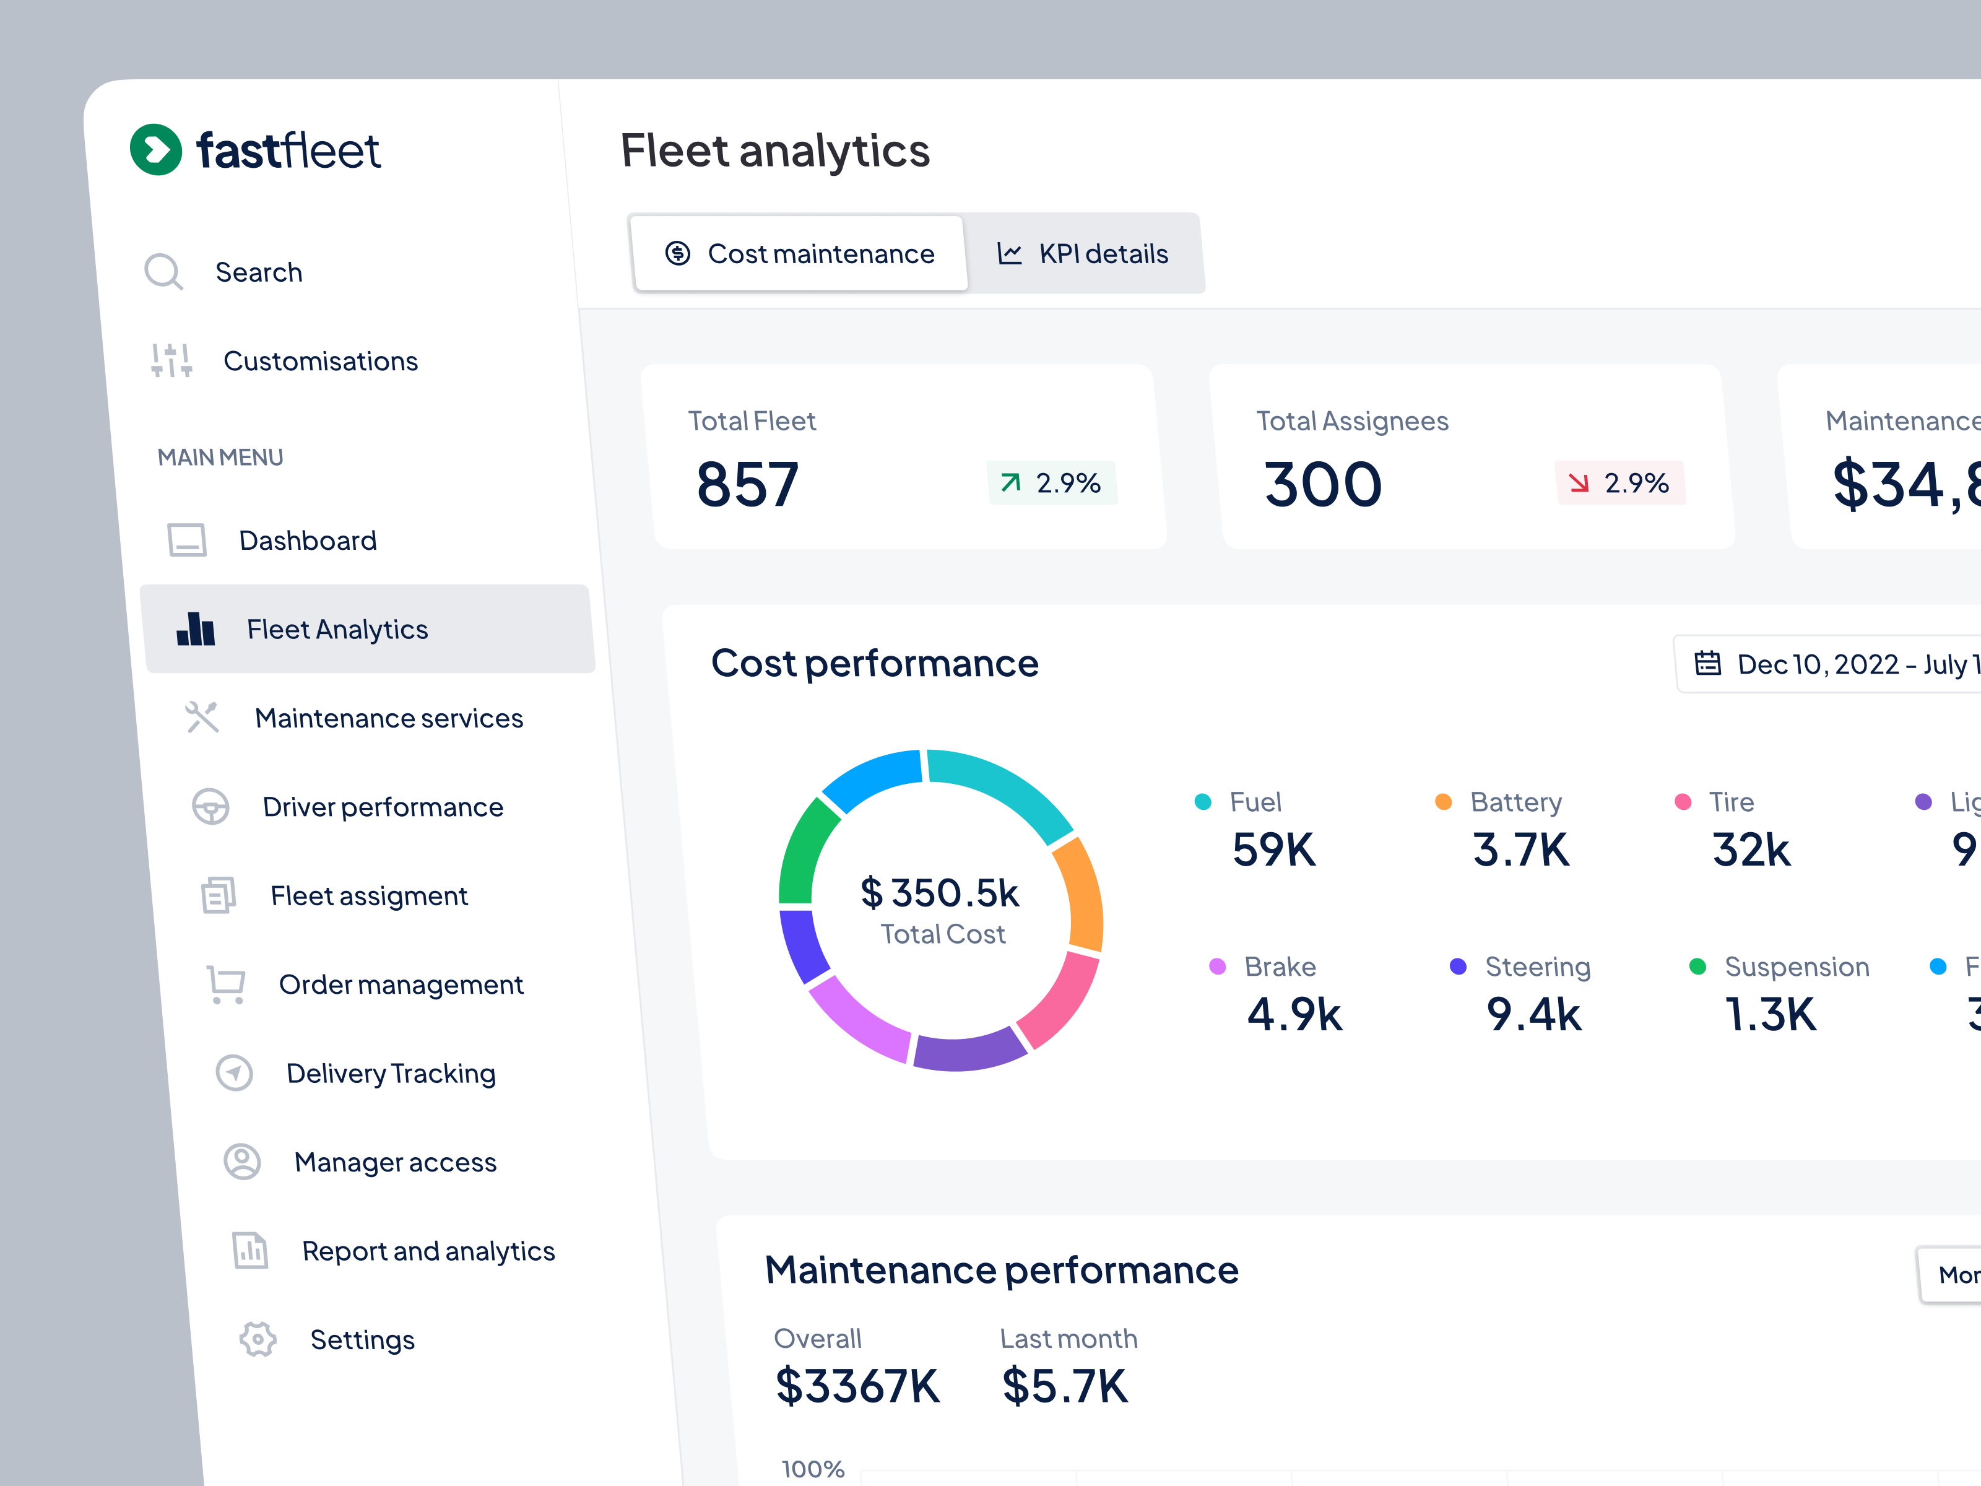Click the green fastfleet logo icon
(x=156, y=150)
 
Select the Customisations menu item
(x=319, y=361)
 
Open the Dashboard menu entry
(x=307, y=540)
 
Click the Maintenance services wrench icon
(x=202, y=718)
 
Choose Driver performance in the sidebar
(x=383, y=806)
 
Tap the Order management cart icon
(x=226, y=983)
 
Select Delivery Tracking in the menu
(x=391, y=1072)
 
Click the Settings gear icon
(x=258, y=1339)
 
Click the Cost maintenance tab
(x=800, y=253)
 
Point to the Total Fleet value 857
(x=747, y=485)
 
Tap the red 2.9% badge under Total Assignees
(x=1619, y=483)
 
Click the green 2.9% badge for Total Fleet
(x=1051, y=483)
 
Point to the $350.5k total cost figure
(x=940, y=893)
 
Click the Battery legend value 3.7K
(x=1520, y=849)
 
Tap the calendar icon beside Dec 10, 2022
(x=1707, y=664)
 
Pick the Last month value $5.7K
(x=1064, y=1386)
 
